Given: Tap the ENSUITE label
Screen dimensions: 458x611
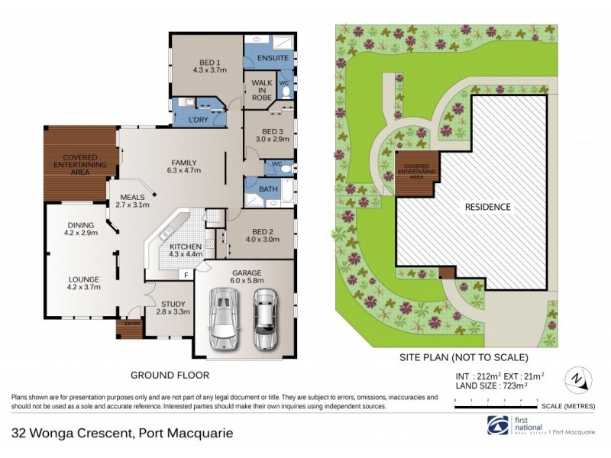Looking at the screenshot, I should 266,57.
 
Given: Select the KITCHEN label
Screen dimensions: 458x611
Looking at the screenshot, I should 185,247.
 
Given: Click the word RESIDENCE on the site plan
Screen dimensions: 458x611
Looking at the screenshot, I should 488,206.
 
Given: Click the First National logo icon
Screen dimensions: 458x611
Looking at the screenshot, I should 497,424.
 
